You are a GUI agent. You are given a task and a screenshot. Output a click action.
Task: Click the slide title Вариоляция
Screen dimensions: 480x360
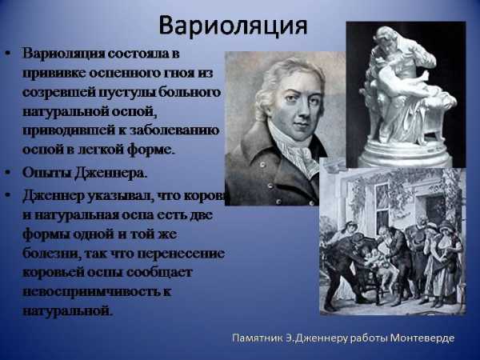tap(233, 26)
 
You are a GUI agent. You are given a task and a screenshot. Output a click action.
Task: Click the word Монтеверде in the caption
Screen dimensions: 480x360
tap(422, 338)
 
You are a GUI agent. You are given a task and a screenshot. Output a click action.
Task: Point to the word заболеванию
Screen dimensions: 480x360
tap(174, 130)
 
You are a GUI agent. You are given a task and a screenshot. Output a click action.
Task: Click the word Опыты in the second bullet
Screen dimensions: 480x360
tap(47, 173)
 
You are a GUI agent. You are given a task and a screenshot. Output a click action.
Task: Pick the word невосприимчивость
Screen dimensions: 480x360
tap(91, 291)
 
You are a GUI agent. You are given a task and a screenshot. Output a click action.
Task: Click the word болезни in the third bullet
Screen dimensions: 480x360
tap(50, 254)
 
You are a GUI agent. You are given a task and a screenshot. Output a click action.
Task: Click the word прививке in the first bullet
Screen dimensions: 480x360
tap(54, 74)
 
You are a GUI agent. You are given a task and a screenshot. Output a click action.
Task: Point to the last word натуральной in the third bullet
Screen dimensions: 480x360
tap(66, 310)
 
